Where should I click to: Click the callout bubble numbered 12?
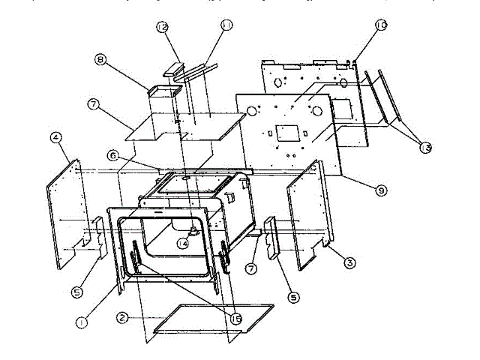click(162, 28)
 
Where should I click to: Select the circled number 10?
click(380, 26)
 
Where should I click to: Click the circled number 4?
click(55, 137)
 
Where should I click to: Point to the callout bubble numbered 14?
click(182, 242)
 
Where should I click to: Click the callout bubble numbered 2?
click(122, 318)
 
